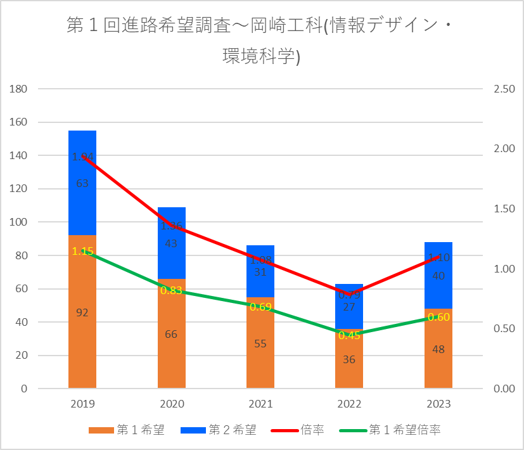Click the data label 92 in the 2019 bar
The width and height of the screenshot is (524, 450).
[x=82, y=312]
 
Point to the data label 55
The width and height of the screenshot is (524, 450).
[x=260, y=344]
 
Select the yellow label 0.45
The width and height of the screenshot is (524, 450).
[x=349, y=335]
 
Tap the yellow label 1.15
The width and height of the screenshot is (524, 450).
[x=82, y=251]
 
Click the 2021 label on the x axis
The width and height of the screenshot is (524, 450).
[x=260, y=404]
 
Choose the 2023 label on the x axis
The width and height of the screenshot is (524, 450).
[x=438, y=404]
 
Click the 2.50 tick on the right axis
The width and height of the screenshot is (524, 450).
[x=501, y=89]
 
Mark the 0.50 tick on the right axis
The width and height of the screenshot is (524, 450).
[x=501, y=328]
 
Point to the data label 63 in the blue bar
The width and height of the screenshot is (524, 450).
[x=82, y=184]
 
